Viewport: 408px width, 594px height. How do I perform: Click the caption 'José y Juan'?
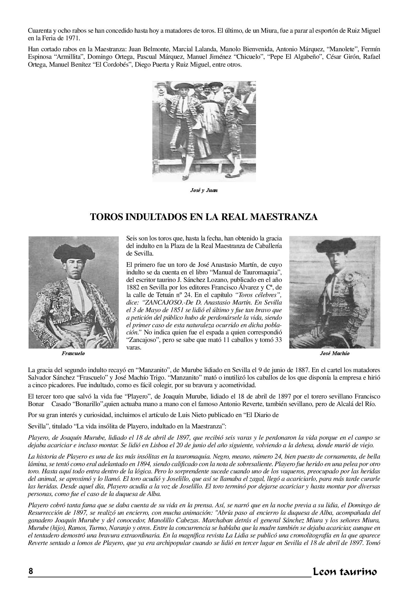(204, 190)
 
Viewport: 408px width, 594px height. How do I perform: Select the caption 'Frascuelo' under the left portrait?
(73, 353)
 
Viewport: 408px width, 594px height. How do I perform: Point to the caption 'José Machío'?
(335, 353)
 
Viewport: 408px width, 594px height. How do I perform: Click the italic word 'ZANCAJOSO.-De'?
(164, 302)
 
